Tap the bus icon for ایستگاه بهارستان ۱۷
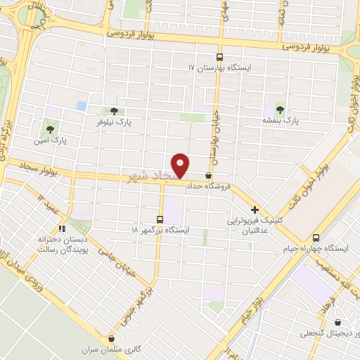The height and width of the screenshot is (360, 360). pyautogui.click(x=219, y=58)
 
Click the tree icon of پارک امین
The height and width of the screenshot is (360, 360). pyautogui.click(x=49, y=129)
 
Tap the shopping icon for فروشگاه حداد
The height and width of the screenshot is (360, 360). pyautogui.click(x=208, y=176)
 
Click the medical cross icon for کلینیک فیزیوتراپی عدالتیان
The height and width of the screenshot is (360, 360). pyautogui.click(x=255, y=209)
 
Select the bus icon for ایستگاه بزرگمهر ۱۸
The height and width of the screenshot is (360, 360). pyautogui.click(x=160, y=219)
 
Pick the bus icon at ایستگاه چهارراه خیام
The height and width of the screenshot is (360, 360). pyautogui.click(x=316, y=238)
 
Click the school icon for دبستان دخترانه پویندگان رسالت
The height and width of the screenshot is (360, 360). pyautogui.click(x=61, y=229)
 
